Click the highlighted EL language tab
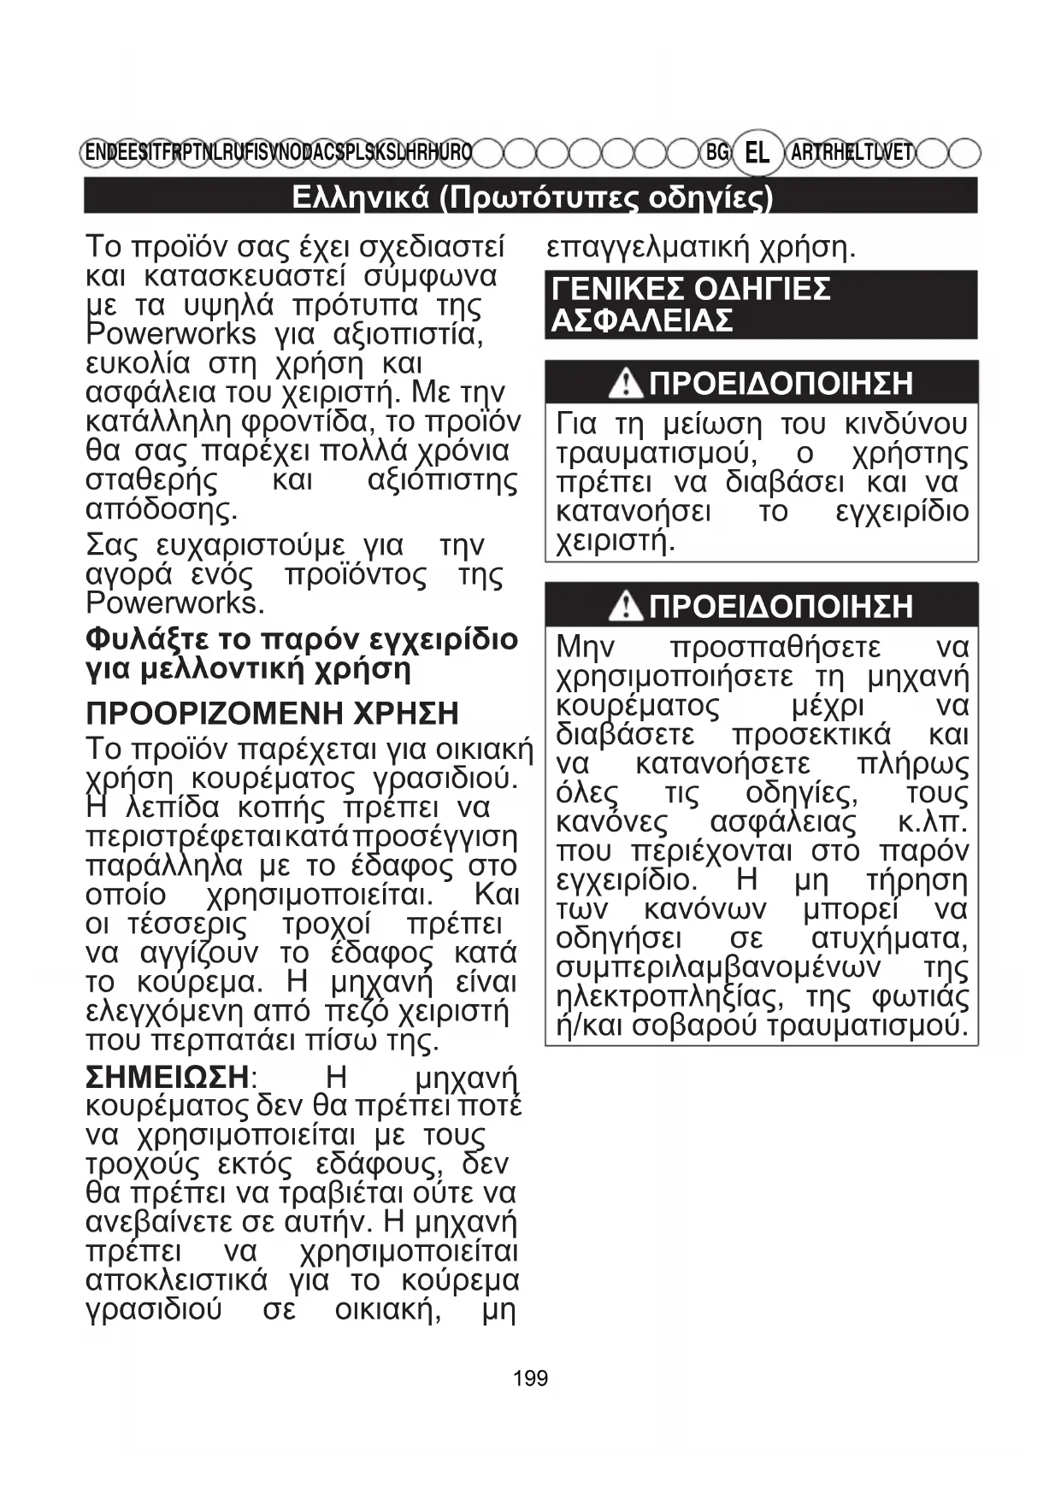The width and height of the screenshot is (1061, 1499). (x=757, y=153)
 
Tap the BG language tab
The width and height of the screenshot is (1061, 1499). (x=716, y=153)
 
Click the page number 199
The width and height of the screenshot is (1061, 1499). (x=530, y=1378)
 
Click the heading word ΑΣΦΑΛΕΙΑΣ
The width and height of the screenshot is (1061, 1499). (x=643, y=321)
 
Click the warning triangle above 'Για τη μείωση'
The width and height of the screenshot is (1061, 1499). (x=626, y=384)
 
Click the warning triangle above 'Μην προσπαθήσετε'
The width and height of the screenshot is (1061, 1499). (x=626, y=607)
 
